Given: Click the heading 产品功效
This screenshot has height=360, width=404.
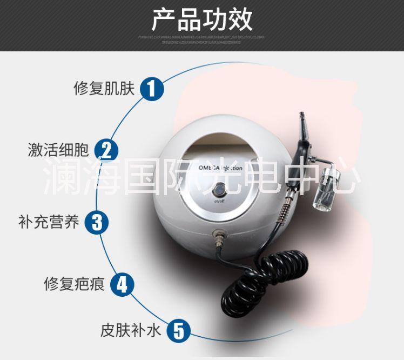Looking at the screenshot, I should (x=201, y=20).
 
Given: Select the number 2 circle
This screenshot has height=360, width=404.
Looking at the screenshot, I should (x=106, y=150).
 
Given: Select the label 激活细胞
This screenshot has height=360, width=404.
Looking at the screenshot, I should (x=58, y=150).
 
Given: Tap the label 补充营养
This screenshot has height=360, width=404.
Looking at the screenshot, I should (x=48, y=222).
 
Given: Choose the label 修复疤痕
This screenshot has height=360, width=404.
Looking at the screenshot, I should (x=74, y=284).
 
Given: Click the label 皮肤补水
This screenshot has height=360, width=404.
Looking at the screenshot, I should (x=130, y=330).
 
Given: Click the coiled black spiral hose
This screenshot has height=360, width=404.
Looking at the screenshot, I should (x=253, y=281).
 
